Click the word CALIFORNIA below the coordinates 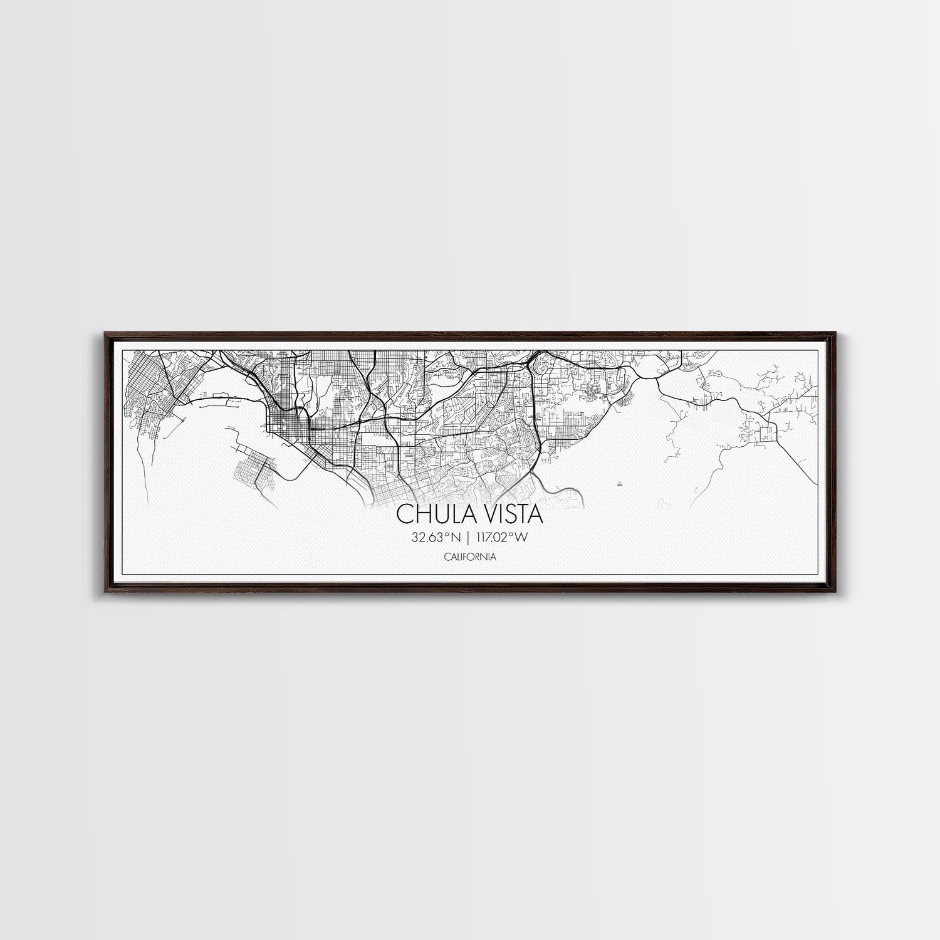[470, 556]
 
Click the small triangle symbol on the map [620, 484]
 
